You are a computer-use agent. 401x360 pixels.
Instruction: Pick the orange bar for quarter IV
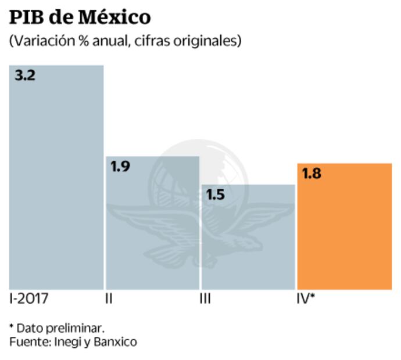pos(344,226)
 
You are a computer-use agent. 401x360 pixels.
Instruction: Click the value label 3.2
pos(25,75)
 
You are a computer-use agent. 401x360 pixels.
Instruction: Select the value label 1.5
pos(215,195)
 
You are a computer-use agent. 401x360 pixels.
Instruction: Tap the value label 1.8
pos(312,174)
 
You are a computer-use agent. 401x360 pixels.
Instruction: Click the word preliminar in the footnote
pos(76,327)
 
